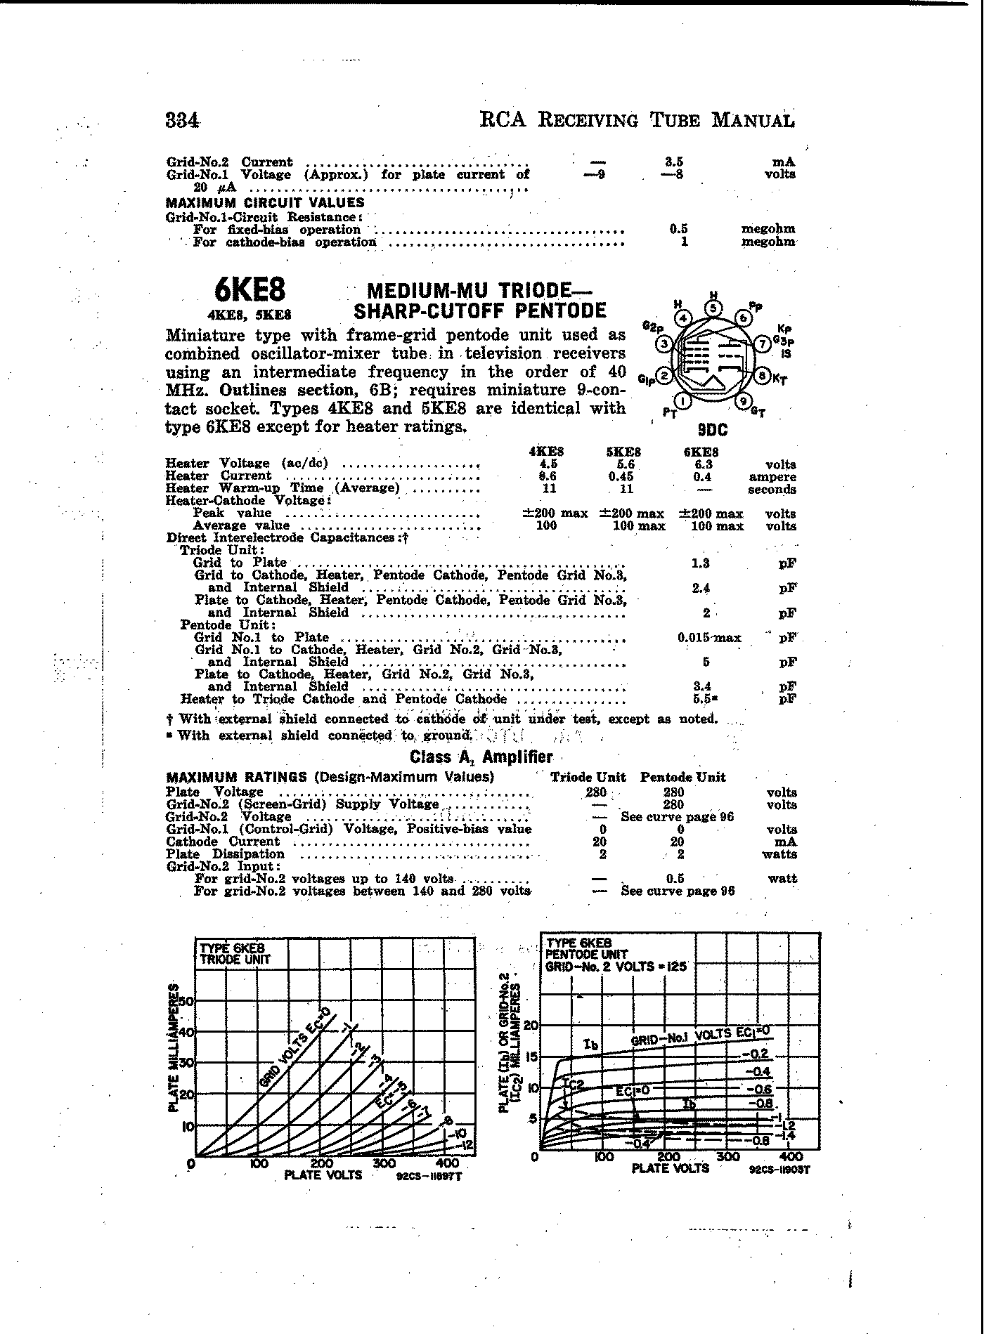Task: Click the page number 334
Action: pos(182,120)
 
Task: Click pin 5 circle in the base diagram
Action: pos(714,308)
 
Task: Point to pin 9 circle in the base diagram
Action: pos(742,402)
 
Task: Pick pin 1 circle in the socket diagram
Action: pos(686,402)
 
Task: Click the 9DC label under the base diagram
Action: pos(713,429)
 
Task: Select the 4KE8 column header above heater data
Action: pos(545,452)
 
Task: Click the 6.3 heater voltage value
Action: pos(702,464)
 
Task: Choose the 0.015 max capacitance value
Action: pos(708,638)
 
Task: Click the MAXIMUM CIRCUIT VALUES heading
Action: pos(265,203)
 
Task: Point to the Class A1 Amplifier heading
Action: pos(481,757)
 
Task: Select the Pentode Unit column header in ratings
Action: pos(682,777)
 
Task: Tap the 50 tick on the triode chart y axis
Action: pos(186,1001)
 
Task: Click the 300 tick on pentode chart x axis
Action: pos(729,1156)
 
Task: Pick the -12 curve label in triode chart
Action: pos(466,1146)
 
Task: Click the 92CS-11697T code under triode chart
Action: pos(428,1176)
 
